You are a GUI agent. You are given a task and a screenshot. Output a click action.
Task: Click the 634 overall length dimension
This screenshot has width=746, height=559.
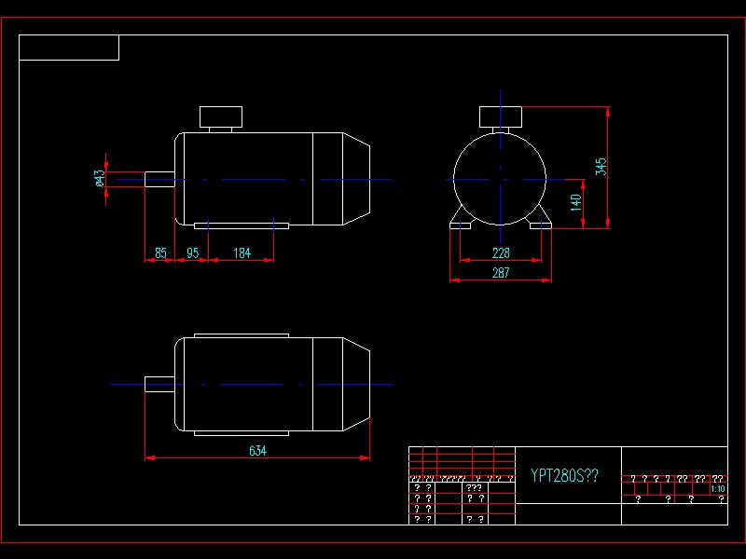coord(257,451)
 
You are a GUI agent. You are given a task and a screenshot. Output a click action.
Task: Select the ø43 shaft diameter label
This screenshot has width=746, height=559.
coord(100,178)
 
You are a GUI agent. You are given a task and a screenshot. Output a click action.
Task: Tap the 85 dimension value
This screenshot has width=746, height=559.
coord(160,252)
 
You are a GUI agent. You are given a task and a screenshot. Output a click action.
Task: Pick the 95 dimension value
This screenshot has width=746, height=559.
coord(193,252)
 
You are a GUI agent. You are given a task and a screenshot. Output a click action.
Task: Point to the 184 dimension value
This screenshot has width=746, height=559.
coord(242,252)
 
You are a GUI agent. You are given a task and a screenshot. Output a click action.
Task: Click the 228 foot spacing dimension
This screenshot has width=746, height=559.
coord(501,252)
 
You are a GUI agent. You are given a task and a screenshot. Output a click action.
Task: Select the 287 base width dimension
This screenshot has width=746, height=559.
coord(501,272)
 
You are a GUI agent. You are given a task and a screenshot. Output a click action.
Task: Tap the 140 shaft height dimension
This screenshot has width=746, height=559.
coord(576,200)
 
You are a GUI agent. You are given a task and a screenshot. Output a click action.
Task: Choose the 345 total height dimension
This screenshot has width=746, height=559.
coord(601,167)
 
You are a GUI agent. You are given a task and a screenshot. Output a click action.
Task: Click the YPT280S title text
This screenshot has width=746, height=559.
coord(564,476)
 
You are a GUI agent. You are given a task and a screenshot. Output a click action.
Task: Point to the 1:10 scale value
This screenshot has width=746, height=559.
coord(718,488)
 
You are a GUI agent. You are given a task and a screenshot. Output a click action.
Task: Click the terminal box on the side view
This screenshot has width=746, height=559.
coord(221,117)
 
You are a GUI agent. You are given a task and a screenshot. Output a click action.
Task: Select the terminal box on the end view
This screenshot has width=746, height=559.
coord(501,117)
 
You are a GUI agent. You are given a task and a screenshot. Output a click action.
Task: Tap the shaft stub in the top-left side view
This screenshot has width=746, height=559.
coord(159,179)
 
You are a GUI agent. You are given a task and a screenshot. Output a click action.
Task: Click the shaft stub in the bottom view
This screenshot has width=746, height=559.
coord(159,384)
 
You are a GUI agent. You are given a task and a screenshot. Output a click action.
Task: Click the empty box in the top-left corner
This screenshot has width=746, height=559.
coord(69,48)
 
